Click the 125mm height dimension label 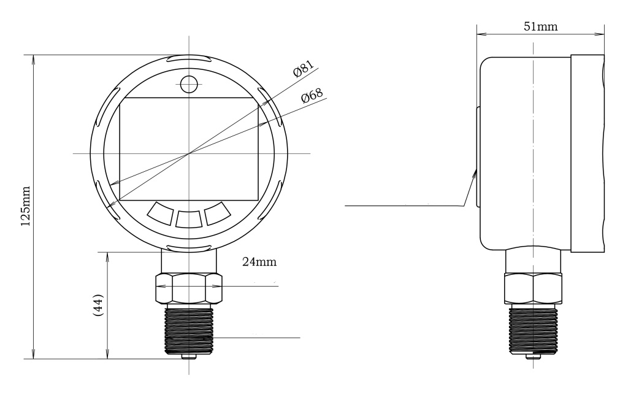coord(26,206)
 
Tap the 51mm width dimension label coord(540,26)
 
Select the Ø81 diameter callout coord(304,69)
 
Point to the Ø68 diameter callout coord(312,96)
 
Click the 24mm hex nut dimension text coord(259,261)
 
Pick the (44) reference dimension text coord(98,305)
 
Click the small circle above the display coord(189,84)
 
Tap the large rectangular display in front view coord(189,149)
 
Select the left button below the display coord(160,213)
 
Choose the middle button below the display coord(189,219)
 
